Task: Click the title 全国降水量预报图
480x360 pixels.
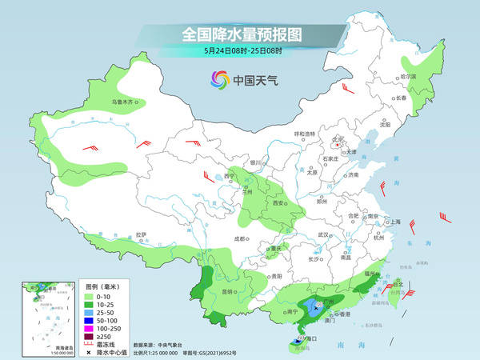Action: point(240,35)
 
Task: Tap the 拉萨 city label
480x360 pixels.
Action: point(141,234)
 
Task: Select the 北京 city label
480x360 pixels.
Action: point(337,139)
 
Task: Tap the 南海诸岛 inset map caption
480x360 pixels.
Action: point(44,346)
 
